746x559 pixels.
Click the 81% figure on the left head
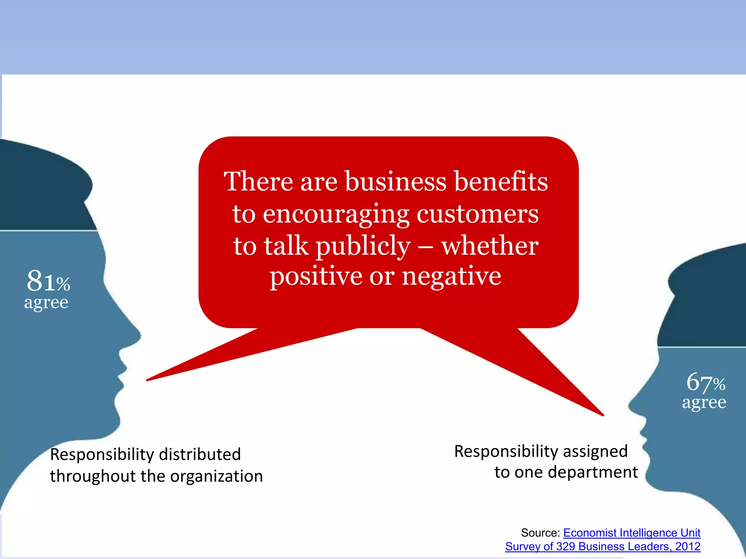[x=48, y=281]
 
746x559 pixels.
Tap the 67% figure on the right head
[x=706, y=382]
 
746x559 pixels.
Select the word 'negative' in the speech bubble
[x=451, y=276]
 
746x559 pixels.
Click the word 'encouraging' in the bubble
[x=336, y=215]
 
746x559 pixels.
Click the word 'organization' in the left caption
[x=216, y=476]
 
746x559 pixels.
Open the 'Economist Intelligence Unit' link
[x=632, y=533]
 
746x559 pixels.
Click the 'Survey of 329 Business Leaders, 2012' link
[x=602, y=546]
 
